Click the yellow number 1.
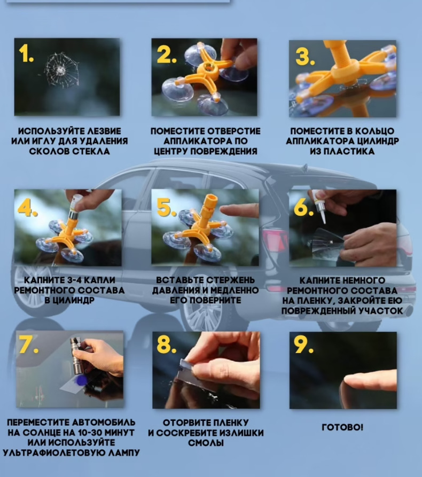pos(26,53)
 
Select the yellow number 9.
pos(303,345)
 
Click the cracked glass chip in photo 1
pos(61,71)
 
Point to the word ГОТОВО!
pos(342,427)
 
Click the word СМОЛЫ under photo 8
pos(206,443)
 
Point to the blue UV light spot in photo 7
pos(82,380)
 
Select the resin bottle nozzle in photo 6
pos(323,216)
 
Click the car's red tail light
pos(275,240)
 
